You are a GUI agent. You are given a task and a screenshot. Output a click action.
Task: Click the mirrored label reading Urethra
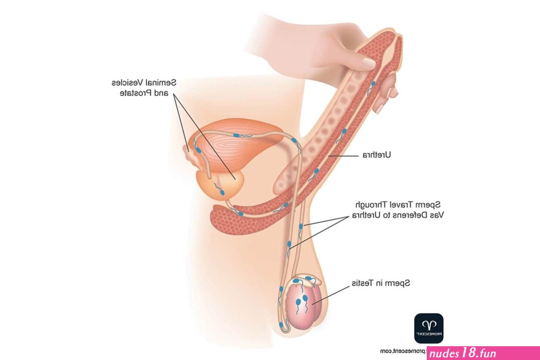click(x=376, y=155)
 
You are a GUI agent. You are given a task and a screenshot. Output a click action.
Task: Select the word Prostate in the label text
click(x=136, y=93)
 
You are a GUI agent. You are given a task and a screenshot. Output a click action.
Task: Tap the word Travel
click(x=402, y=205)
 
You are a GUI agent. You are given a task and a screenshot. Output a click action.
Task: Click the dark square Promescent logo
click(x=428, y=328)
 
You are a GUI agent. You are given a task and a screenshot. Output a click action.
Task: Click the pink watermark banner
click(x=483, y=353)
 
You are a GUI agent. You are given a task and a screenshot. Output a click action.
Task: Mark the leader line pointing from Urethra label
click(x=343, y=156)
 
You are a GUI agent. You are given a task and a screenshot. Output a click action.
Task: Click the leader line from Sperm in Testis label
click(x=331, y=295)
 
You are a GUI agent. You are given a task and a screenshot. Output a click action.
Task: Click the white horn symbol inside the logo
click(x=429, y=325)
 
